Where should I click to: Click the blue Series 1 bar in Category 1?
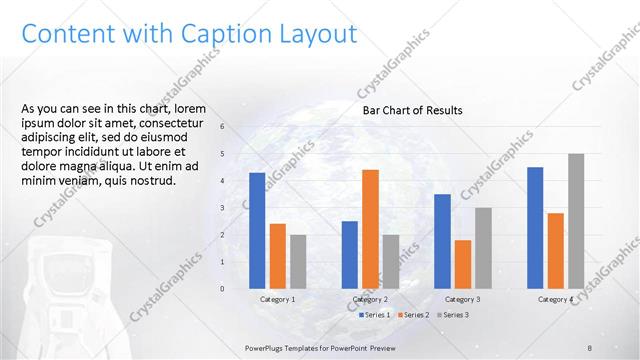(257, 231)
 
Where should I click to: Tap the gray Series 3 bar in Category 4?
(576, 221)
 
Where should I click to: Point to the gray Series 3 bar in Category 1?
(298, 262)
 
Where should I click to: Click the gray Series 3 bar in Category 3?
(483, 248)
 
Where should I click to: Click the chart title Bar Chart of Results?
(412, 111)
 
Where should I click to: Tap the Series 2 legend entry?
(414, 315)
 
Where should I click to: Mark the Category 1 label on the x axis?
(278, 299)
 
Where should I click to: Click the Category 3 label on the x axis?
(462, 299)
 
